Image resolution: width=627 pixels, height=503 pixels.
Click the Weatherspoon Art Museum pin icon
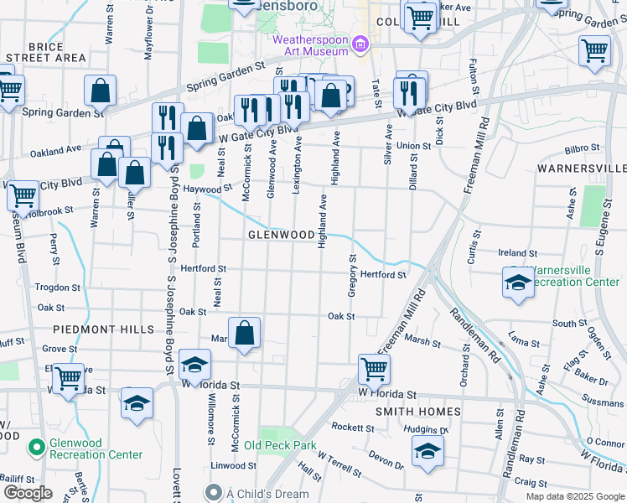360,43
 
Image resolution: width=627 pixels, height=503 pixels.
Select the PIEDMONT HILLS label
104,329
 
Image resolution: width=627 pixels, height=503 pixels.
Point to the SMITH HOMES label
417,412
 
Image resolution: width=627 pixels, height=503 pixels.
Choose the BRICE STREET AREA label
45,52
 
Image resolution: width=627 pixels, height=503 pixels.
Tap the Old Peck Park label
280,445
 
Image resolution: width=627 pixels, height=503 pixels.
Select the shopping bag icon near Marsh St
244,334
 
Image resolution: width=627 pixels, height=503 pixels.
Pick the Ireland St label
517,252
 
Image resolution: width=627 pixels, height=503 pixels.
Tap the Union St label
413,146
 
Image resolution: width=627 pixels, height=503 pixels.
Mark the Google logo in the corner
28,493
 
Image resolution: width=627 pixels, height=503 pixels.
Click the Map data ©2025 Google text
574,496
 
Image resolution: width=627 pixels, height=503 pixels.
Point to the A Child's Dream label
268,494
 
